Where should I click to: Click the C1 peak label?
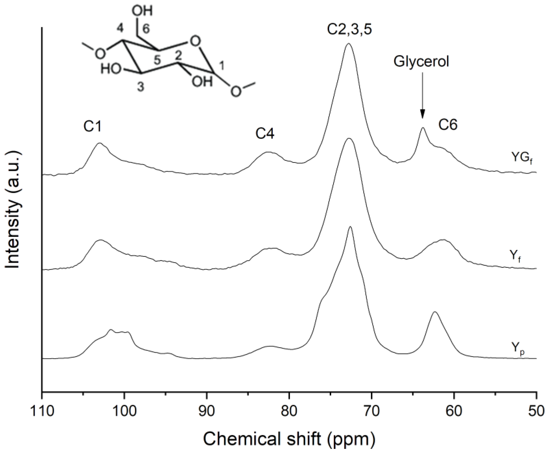pyautogui.click(x=93, y=127)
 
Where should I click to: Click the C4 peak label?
pyautogui.click(x=265, y=134)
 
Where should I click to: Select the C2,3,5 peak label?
pyautogui.click(x=349, y=30)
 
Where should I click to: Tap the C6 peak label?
pyautogui.click(x=448, y=125)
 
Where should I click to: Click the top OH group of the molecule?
pyautogui.click(x=142, y=11)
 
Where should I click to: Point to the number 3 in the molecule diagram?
pyautogui.click(x=141, y=87)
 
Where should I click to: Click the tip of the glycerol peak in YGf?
pyautogui.click(x=423, y=128)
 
